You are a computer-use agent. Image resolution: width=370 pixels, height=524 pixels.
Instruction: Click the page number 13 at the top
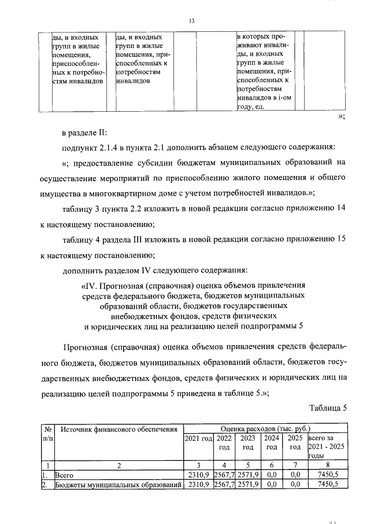click(x=190, y=21)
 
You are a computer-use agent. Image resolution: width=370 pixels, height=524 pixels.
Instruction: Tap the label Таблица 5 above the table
click(x=328, y=407)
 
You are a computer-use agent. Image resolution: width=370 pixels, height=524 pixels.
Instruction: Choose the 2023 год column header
click(x=247, y=443)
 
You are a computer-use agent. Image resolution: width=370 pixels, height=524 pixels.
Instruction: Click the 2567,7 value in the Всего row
click(x=224, y=475)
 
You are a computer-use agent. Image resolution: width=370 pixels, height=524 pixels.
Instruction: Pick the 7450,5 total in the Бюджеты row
click(x=327, y=485)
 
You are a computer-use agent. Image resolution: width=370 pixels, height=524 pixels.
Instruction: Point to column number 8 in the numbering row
click(x=327, y=465)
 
